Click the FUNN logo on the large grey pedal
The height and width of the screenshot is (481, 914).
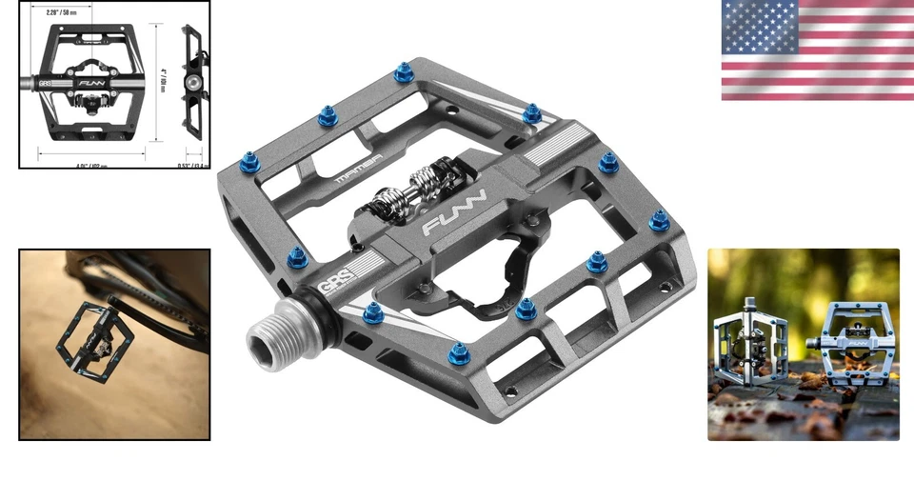(455, 212)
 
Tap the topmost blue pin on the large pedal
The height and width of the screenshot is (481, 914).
(404, 71)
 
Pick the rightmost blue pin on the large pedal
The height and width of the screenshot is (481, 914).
(659, 221)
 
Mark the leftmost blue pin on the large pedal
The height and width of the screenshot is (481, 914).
(251, 164)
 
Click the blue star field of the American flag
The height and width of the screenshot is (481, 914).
(759, 27)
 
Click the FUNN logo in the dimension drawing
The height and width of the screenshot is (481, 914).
(93, 84)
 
